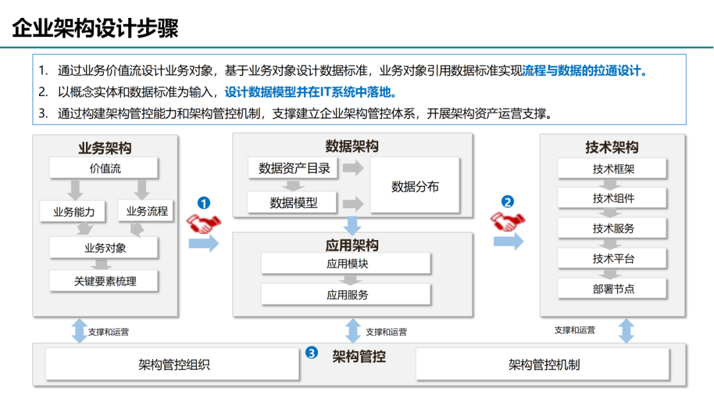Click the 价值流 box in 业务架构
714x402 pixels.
(104, 168)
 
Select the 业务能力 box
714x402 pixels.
(74, 212)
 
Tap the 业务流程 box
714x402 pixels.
(147, 212)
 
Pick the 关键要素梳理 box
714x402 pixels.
(104, 280)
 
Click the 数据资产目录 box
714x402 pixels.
(294, 168)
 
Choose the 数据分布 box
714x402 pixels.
(415, 186)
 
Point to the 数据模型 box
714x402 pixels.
(293, 202)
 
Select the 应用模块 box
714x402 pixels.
(346, 263)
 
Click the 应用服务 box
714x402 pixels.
(346, 294)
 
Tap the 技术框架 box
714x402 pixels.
(613, 168)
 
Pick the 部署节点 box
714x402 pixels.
(613, 288)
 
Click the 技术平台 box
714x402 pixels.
(613, 258)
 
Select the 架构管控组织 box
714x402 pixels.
(173, 364)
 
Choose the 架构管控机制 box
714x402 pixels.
(543, 364)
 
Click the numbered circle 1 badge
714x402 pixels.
(204, 202)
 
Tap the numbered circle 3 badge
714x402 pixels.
(311, 353)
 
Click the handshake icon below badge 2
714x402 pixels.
(507, 221)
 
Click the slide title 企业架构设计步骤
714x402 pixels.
(96, 28)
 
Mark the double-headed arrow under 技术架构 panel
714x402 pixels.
(626, 330)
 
